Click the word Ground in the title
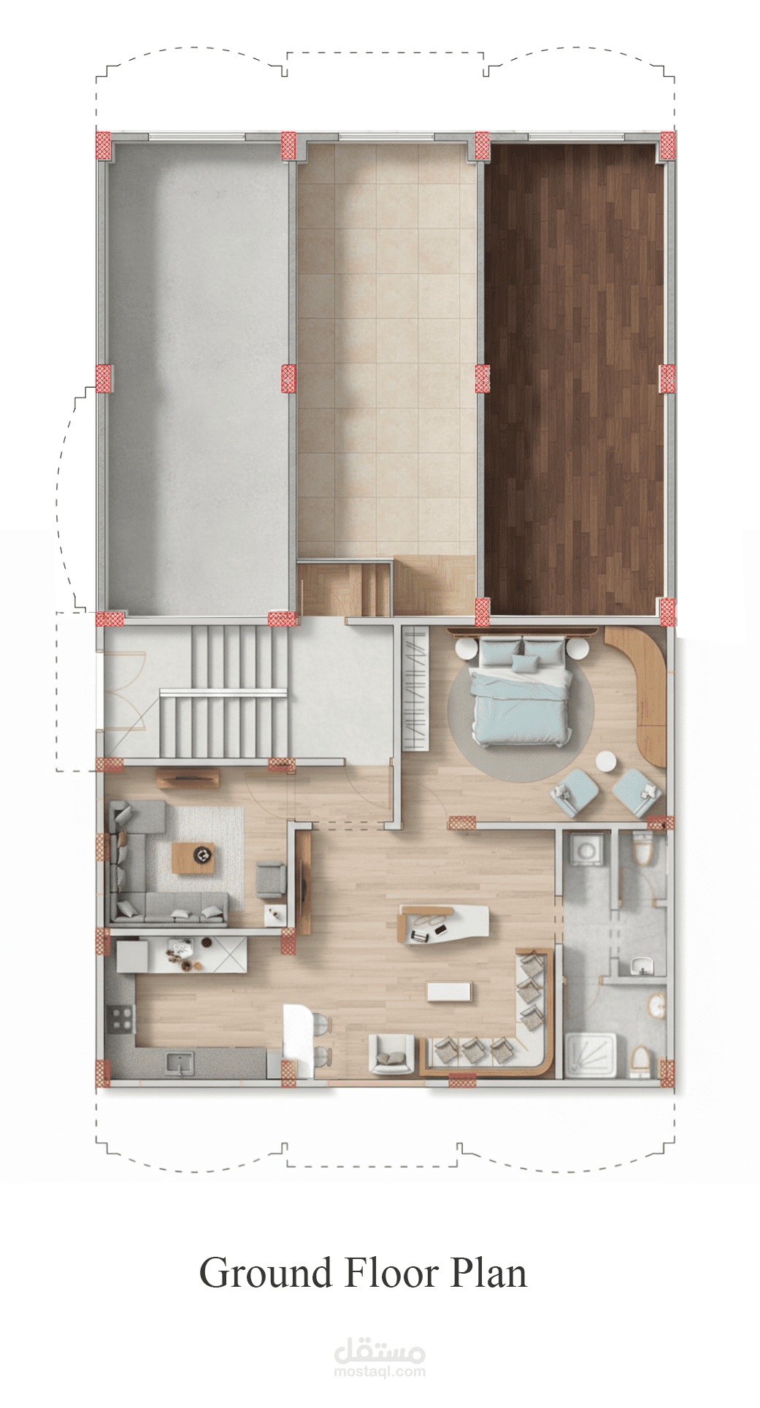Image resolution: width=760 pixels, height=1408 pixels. click(266, 1274)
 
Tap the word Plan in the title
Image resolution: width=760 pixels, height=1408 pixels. click(488, 1274)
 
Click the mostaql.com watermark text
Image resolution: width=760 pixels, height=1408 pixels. click(380, 1371)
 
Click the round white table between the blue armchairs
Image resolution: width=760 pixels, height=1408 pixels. click(605, 762)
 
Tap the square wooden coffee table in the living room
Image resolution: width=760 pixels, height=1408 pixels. click(193, 857)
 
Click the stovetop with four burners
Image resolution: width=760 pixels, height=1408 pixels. click(120, 1019)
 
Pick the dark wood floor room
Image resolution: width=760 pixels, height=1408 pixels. click(575, 378)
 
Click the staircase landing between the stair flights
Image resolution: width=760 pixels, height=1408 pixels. click(223, 692)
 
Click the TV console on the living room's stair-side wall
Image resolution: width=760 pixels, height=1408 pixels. click(188, 778)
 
